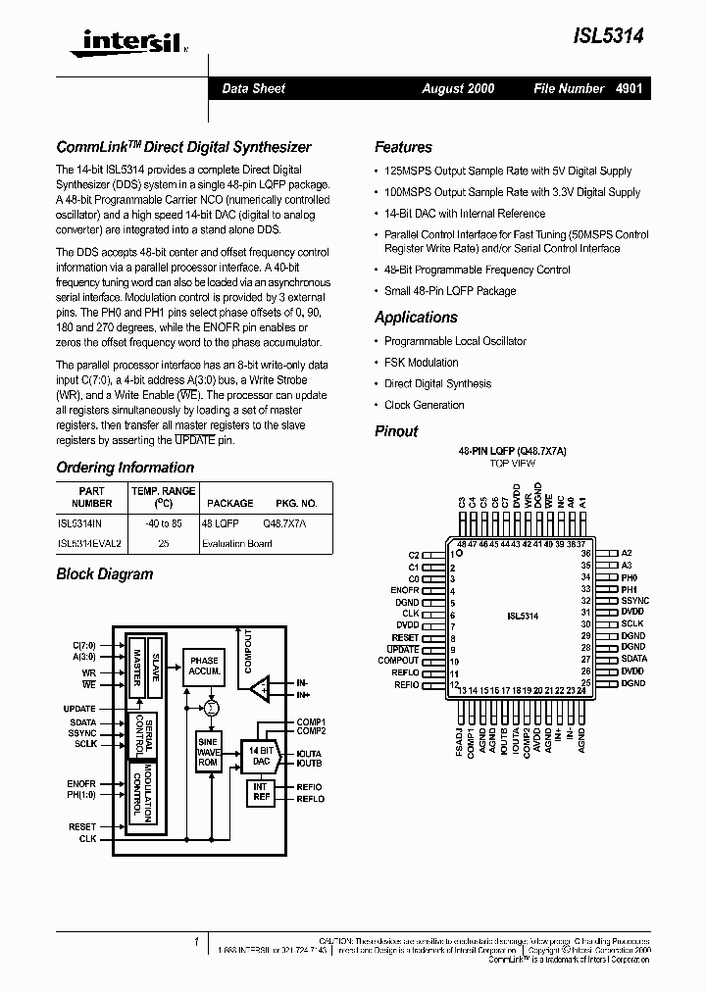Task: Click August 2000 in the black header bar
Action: [x=458, y=88]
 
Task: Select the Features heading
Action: [x=403, y=147]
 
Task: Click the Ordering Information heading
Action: [x=125, y=468]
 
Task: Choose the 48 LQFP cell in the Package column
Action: [x=221, y=523]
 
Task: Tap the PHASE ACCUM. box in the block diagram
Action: [x=205, y=667]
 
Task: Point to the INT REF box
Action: [x=260, y=792]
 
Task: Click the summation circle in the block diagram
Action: [x=210, y=707]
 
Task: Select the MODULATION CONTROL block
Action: [x=149, y=794]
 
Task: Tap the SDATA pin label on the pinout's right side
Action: [x=633, y=660]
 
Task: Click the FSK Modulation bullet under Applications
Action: [x=421, y=363]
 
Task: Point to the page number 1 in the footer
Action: [x=196, y=942]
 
